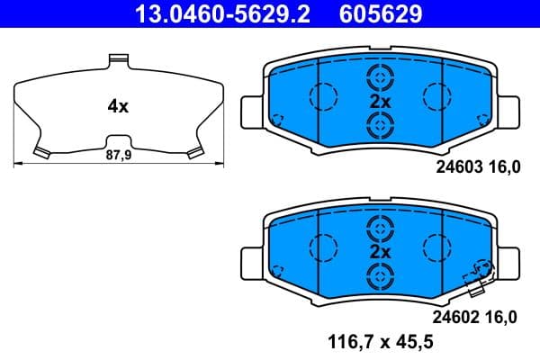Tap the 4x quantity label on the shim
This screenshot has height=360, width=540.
point(118,106)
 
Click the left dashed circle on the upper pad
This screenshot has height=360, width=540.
point(322,94)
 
